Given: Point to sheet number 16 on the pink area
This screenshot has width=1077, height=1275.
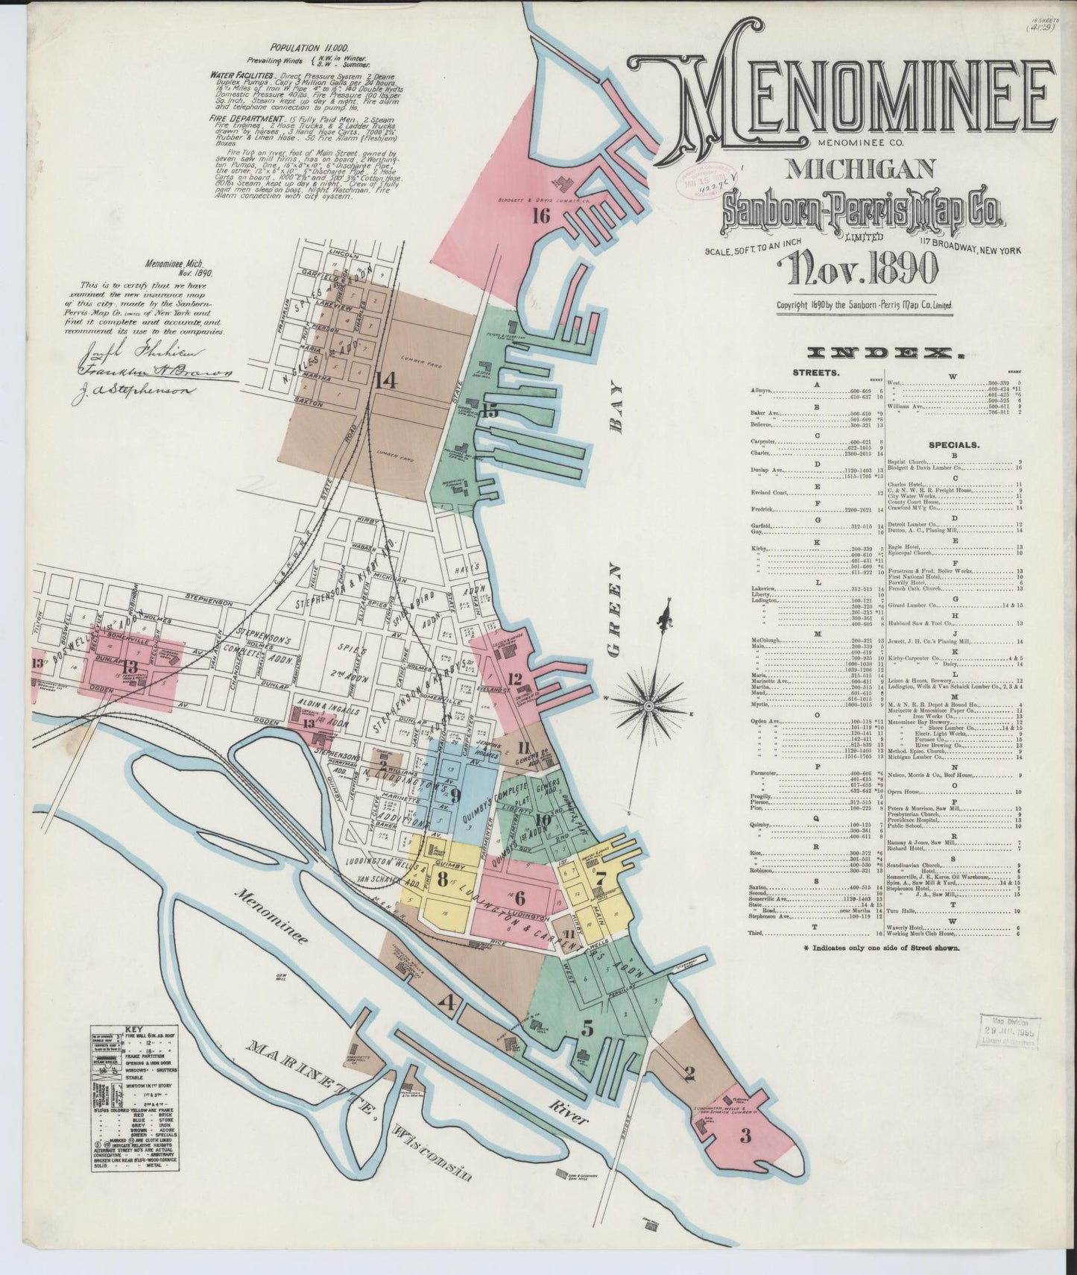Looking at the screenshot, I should click(x=541, y=217).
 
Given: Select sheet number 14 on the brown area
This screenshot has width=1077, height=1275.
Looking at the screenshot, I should click(x=385, y=380).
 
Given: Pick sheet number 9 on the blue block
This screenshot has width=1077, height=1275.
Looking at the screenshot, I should click(x=455, y=795).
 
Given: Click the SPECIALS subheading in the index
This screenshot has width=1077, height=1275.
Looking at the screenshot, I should click(x=953, y=444).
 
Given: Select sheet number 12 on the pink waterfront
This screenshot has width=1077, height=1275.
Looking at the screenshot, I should click(x=514, y=679).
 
